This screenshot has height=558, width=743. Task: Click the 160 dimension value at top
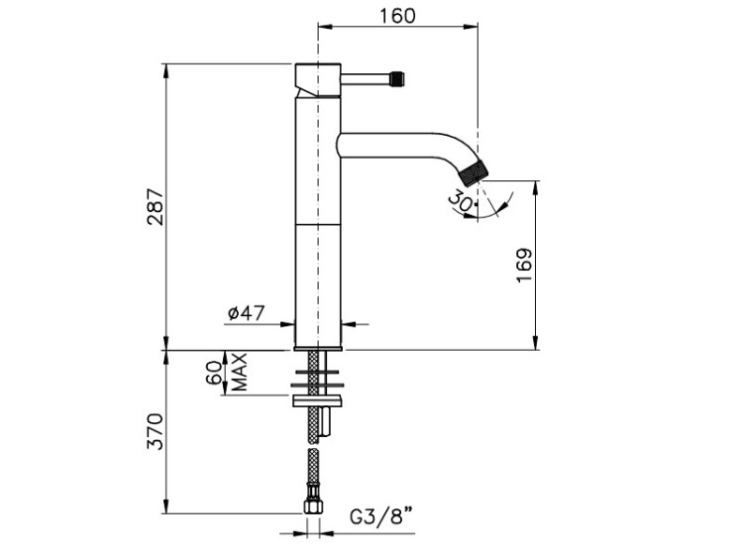point(396,15)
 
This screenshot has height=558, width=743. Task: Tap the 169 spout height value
point(525,266)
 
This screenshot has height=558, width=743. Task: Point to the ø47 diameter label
point(245,313)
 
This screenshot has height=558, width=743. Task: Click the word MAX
point(239,372)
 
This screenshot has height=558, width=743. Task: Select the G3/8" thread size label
point(382,516)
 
